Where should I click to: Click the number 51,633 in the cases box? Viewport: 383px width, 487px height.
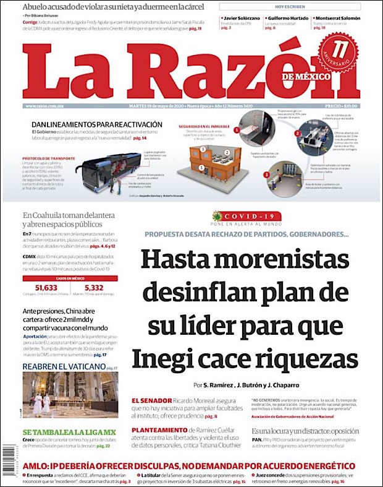[x=46, y=288]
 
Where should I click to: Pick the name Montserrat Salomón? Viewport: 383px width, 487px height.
[x=337, y=19]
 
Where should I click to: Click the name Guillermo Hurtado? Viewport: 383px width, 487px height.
[x=288, y=19]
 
